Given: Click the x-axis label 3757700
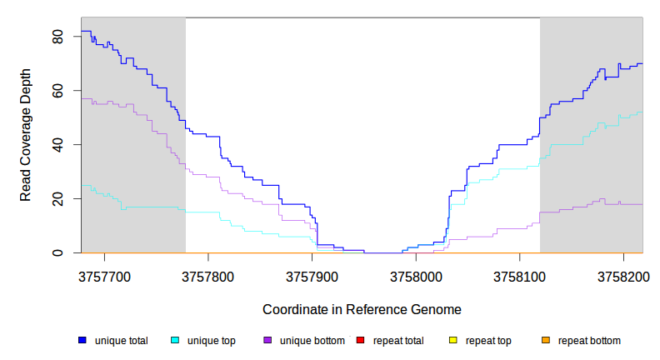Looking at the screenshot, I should pos(104,274).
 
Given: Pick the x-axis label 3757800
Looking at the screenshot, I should pos(208,274).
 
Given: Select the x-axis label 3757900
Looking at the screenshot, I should pos(312,274).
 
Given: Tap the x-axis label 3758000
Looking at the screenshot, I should pos(415,274).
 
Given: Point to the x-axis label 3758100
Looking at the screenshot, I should pos(519,274).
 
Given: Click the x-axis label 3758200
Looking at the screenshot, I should pos(622,274).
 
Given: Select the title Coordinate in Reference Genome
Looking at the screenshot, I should pos(362,309).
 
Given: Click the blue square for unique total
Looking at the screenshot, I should pos(82,341).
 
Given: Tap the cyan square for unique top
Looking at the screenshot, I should pos(175,341).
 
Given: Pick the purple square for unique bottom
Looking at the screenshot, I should pos(267,341).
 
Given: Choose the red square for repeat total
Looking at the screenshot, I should pos(360,341).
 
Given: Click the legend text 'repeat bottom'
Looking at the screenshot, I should pos(589,341).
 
